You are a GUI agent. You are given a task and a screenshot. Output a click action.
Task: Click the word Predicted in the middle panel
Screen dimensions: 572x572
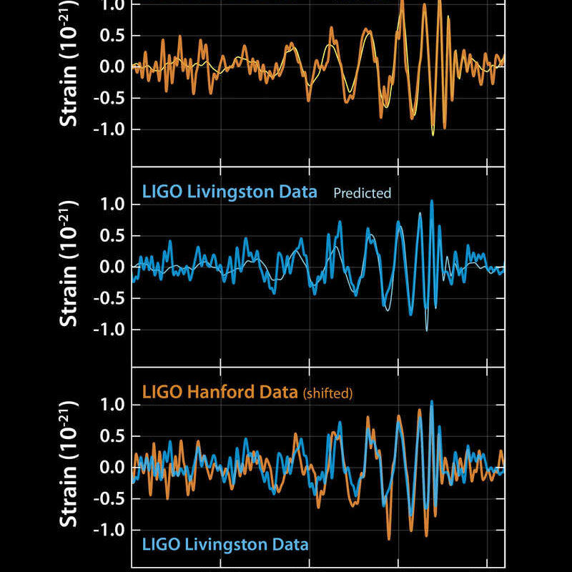(363, 193)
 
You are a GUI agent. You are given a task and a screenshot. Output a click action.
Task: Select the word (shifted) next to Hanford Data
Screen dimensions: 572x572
(328, 393)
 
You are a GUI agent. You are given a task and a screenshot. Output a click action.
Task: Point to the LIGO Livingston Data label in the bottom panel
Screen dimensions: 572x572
(225, 544)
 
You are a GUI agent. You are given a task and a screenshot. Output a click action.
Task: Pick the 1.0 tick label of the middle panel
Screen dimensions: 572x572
(110, 204)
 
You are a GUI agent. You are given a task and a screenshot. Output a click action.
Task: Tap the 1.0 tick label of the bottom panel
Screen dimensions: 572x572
(110, 405)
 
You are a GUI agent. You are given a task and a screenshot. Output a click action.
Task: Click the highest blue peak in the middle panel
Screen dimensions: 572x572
(432, 202)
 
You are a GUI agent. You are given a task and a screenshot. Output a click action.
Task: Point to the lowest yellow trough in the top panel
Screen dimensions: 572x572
(433, 134)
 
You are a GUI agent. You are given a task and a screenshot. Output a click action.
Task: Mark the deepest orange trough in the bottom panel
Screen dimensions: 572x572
(389, 538)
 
